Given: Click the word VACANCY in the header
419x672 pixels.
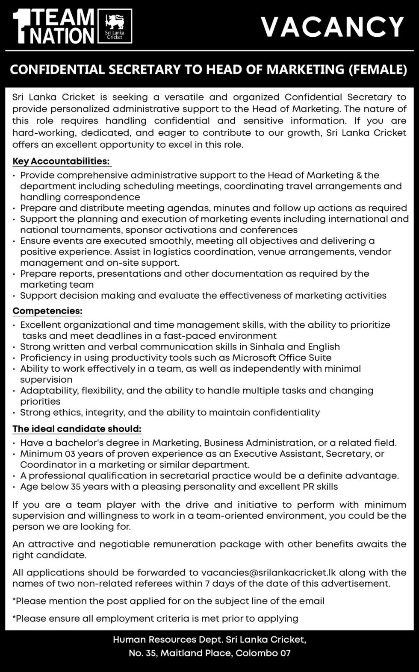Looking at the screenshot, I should click(x=332, y=26).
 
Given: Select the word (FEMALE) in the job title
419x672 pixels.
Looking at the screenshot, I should click(x=378, y=69).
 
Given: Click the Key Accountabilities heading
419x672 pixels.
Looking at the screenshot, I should click(x=61, y=161).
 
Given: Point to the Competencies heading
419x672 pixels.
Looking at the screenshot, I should click(x=47, y=311).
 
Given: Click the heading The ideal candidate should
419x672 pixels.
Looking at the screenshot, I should click(x=77, y=428).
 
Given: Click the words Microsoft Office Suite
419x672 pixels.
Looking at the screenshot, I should click(x=281, y=358).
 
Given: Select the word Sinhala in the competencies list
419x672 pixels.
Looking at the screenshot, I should click(x=267, y=346).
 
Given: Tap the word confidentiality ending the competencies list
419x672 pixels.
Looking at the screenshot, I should click(x=286, y=412).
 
